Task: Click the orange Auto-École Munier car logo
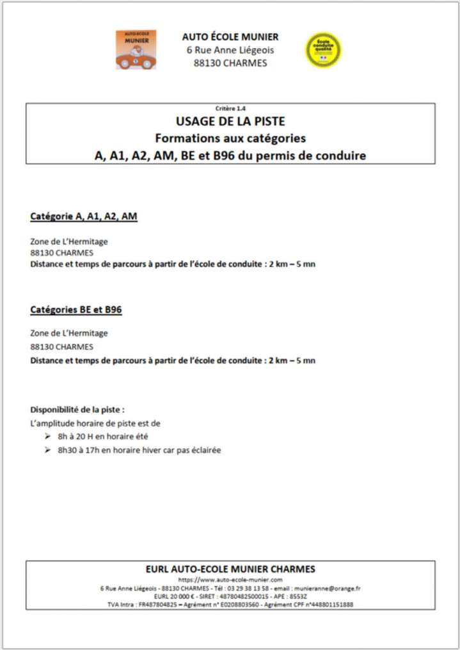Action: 136,50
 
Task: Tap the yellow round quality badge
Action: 323,51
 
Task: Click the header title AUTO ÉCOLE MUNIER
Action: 230,37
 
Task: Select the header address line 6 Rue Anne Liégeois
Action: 230,50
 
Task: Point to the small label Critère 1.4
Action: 230,108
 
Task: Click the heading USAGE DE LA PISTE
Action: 230,121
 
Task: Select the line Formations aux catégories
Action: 230,138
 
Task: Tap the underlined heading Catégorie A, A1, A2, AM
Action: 84,216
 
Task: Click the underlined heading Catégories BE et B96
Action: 76,310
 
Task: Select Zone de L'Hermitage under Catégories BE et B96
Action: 69,333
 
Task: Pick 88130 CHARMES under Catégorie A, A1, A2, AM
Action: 61,253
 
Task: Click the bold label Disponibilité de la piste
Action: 77,409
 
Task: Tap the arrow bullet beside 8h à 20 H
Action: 48,436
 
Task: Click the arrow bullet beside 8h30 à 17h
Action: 48,450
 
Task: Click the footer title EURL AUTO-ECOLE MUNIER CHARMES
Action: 230,569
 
